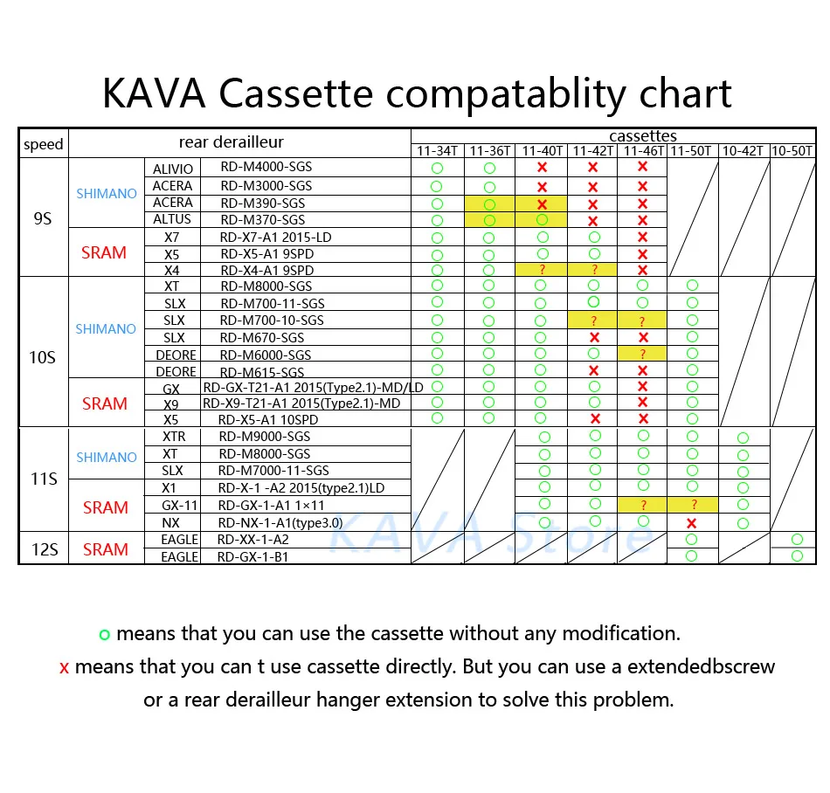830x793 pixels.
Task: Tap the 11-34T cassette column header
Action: (x=437, y=151)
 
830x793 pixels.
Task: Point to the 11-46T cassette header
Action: (x=642, y=151)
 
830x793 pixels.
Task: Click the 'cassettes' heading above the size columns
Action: (x=643, y=136)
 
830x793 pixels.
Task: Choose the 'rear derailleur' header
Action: (x=231, y=142)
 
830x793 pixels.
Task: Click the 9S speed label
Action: (x=43, y=219)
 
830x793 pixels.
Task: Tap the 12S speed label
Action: (x=43, y=548)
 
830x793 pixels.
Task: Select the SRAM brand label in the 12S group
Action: (x=105, y=549)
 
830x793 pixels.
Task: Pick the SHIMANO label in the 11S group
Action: (x=106, y=458)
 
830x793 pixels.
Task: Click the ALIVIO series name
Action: (x=174, y=168)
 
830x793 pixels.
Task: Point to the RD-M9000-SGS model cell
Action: (x=265, y=437)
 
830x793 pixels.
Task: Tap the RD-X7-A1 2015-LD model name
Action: (x=275, y=237)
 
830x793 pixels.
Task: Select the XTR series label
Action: (x=174, y=437)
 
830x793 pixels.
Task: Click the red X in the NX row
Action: (x=692, y=523)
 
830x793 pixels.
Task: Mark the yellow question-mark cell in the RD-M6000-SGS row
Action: (x=643, y=355)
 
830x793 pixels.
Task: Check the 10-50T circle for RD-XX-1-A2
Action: (x=797, y=540)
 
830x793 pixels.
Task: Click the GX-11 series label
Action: (x=178, y=506)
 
